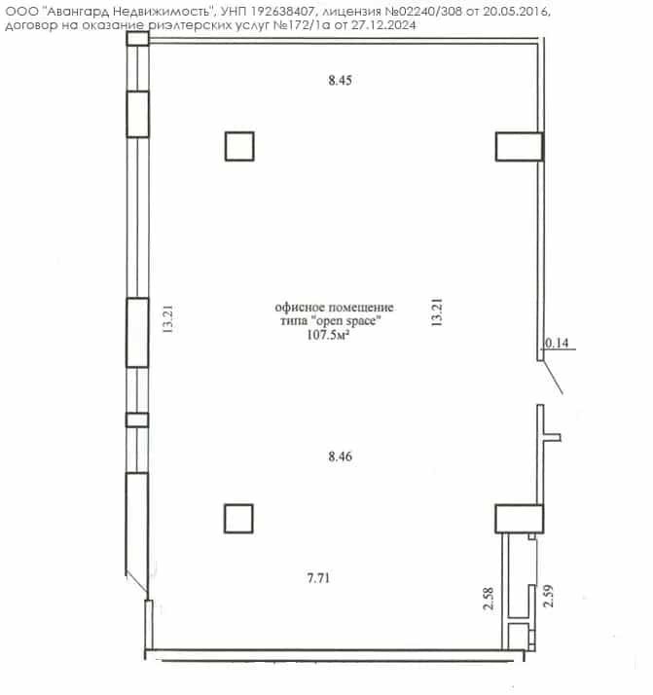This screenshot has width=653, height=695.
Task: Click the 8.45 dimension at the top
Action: (340, 80)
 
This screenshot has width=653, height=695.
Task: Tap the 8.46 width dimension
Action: (341, 457)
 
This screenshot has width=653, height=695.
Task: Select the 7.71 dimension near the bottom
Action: (318, 578)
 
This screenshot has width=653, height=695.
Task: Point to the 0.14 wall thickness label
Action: (557, 343)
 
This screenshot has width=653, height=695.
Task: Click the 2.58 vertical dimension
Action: (488, 599)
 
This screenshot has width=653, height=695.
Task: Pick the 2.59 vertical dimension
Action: (549, 596)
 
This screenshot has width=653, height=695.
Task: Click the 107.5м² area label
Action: (328, 334)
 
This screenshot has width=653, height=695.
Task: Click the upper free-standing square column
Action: (239, 146)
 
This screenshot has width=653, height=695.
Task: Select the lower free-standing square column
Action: (238, 518)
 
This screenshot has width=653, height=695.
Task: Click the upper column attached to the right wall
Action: (520, 146)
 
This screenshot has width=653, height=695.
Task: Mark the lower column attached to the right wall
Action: (520, 518)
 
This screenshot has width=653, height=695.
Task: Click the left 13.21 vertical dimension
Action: (168, 319)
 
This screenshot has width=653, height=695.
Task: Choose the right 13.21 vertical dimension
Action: (437, 312)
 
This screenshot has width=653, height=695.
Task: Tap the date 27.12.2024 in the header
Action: (383, 25)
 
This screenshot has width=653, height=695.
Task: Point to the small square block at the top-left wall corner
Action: (137, 39)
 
